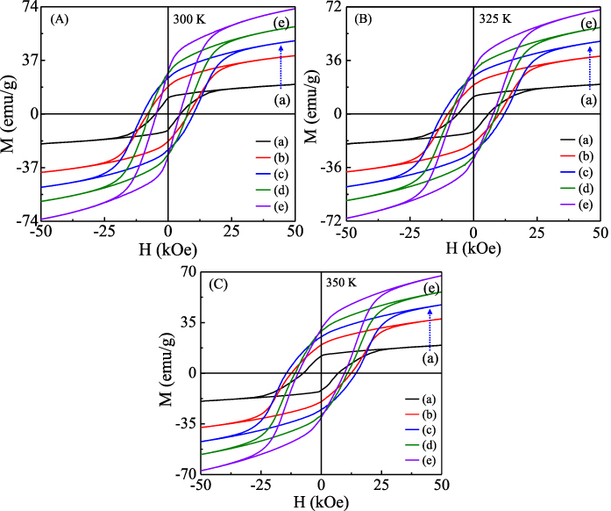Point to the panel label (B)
click(x=365, y=18)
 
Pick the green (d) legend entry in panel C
click(x=424, y=445)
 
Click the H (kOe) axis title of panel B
click(x=472, y=249)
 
